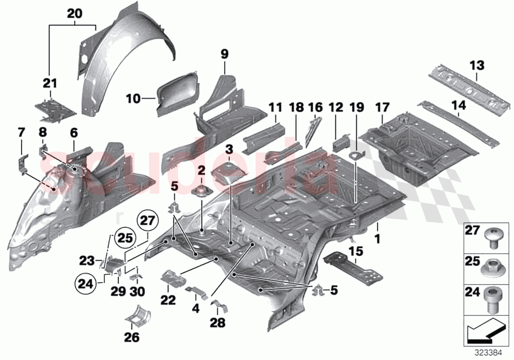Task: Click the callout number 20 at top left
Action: point(74,14)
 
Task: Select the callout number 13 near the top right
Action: point(477,65)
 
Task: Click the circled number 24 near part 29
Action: point(85,283)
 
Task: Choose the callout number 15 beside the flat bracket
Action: point(356,251)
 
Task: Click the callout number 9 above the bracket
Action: point(224,54)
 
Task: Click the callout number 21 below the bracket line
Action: point(49,83)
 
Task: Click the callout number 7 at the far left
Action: point(21,132)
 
